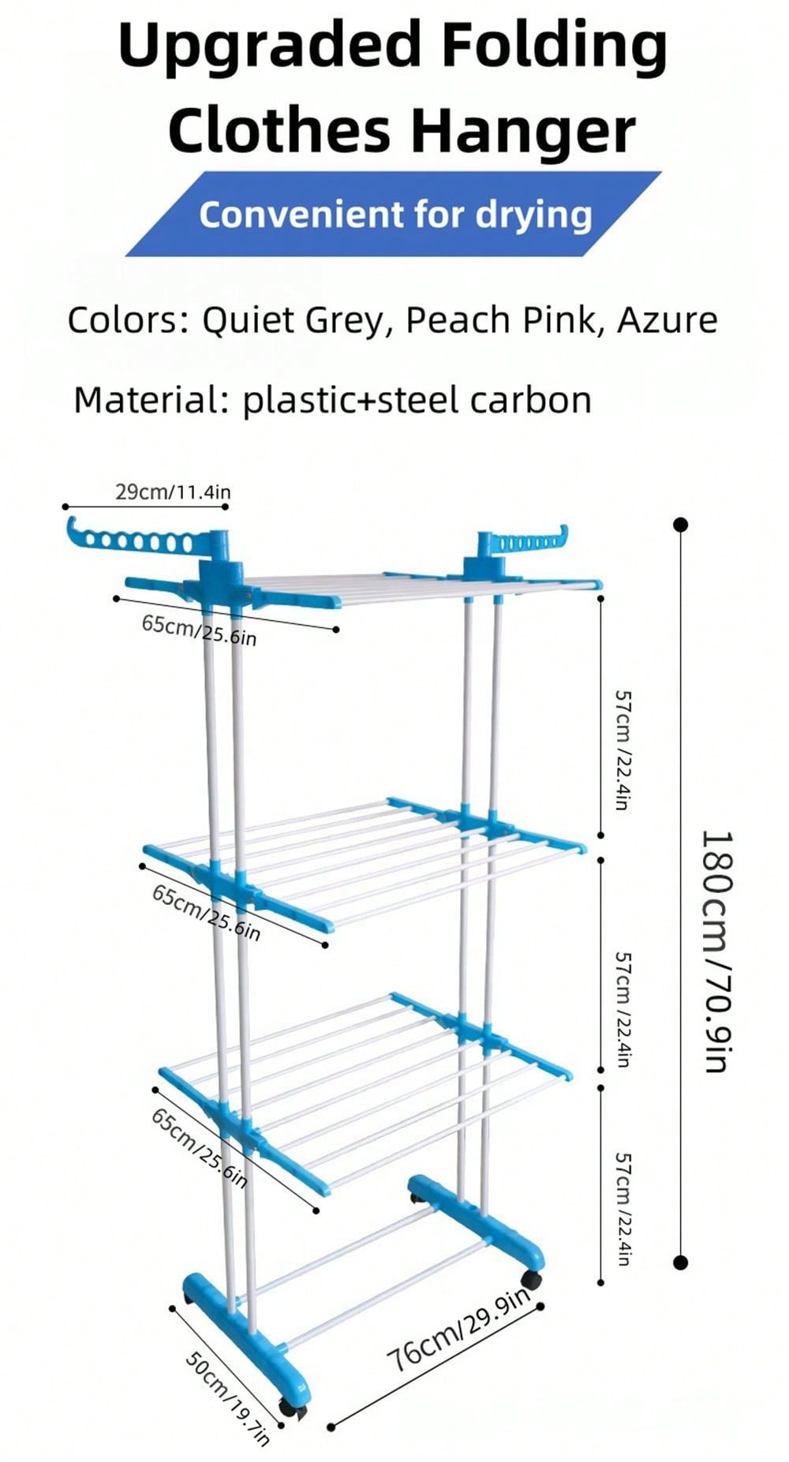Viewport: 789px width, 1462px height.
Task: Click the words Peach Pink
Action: point(500,320)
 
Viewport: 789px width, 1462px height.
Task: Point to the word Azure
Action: point(667,320)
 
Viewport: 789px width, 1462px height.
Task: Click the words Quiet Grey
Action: point(292,320)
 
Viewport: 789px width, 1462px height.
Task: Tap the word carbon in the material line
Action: point(530,400)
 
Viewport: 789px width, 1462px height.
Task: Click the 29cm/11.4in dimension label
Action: point(173,492)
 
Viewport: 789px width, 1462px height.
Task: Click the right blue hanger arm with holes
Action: point(525,542)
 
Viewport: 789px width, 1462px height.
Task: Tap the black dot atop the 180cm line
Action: point(681,525)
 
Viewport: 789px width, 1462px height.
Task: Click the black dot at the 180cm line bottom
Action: point(681,1262)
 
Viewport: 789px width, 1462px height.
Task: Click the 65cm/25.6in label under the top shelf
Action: point(199,630)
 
